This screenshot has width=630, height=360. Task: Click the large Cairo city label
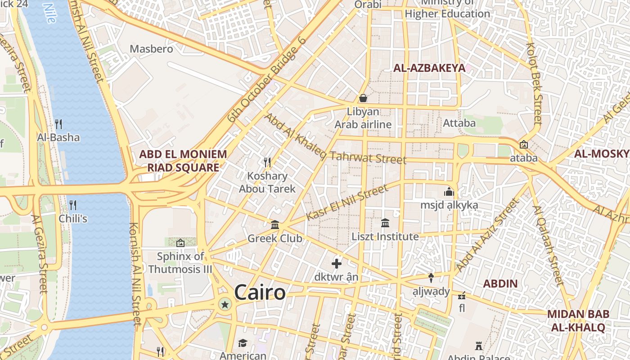tap(260, 292)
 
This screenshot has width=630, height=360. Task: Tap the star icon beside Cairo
tap(225, 305)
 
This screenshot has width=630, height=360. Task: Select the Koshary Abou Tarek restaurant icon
tap(267, 162)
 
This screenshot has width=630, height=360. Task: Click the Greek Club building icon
tap(275, 225)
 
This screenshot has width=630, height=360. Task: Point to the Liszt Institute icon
tap(385, 223)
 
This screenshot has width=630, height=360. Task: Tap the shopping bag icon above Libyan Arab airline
tap(363, 98)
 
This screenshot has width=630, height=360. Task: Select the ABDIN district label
tap(500, 284)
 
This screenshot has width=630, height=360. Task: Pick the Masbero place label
tap(151, 49)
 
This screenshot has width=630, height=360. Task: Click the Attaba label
tap(459, 123)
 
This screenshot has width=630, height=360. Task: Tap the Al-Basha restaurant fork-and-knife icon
tap(58, 124)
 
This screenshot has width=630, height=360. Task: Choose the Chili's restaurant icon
tap(72, 205)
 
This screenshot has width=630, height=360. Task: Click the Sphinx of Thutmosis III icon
tap(180, 243)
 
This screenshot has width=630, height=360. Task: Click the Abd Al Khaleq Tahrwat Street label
tap(335, 140)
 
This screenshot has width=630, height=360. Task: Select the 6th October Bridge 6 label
tap(266, 80)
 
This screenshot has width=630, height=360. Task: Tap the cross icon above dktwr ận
tap(336, 264)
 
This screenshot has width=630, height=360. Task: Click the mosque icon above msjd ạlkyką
tap(449, 192)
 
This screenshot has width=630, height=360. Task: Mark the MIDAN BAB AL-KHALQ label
tap(578, 320)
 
